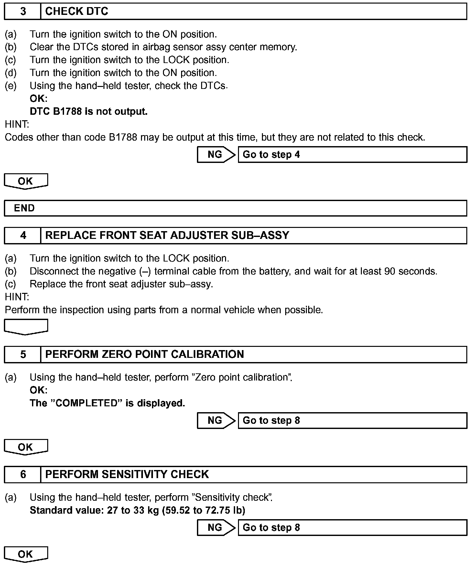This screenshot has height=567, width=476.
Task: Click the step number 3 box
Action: click(x=23, y=12)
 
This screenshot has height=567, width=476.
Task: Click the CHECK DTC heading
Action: click(x=77, y=12)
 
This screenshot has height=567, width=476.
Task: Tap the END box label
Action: click(x=24, y=208)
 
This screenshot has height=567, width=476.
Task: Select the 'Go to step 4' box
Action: click(x=352, y=155)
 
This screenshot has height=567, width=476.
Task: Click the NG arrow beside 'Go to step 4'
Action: click(x=216, y=155)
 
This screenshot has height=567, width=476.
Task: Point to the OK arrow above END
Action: click(x=26, y=181)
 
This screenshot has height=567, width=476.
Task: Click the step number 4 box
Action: click(x=23, y=235)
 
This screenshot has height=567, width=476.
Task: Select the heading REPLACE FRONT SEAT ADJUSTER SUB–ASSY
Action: click(x=167, y=235)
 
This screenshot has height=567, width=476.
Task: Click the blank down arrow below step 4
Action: click(x=26, y=326)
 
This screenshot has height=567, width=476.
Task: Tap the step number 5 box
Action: click(x=23, y=355)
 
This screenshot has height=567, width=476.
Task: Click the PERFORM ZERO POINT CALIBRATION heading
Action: click(x=145, y=355)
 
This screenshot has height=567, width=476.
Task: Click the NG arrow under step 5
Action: click(x=216, y=421)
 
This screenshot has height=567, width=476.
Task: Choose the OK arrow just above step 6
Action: click(x=26, y=447)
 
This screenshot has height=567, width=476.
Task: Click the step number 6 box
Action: click(x=23, y=475)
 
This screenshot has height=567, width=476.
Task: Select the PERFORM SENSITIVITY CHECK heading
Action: click(x=127, y=475)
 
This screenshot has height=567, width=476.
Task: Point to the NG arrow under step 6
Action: click(x=216, y=528)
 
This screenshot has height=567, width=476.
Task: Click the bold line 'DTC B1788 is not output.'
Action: click(x=89, y=112)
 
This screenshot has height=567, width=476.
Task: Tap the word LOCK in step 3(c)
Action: click(x=177, y=60)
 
